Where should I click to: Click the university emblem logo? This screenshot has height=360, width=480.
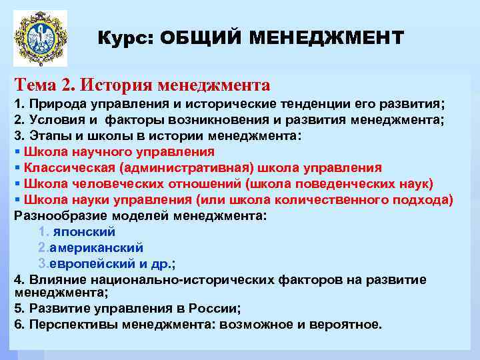point(41,38)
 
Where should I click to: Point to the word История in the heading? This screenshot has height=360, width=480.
point(118,85)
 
